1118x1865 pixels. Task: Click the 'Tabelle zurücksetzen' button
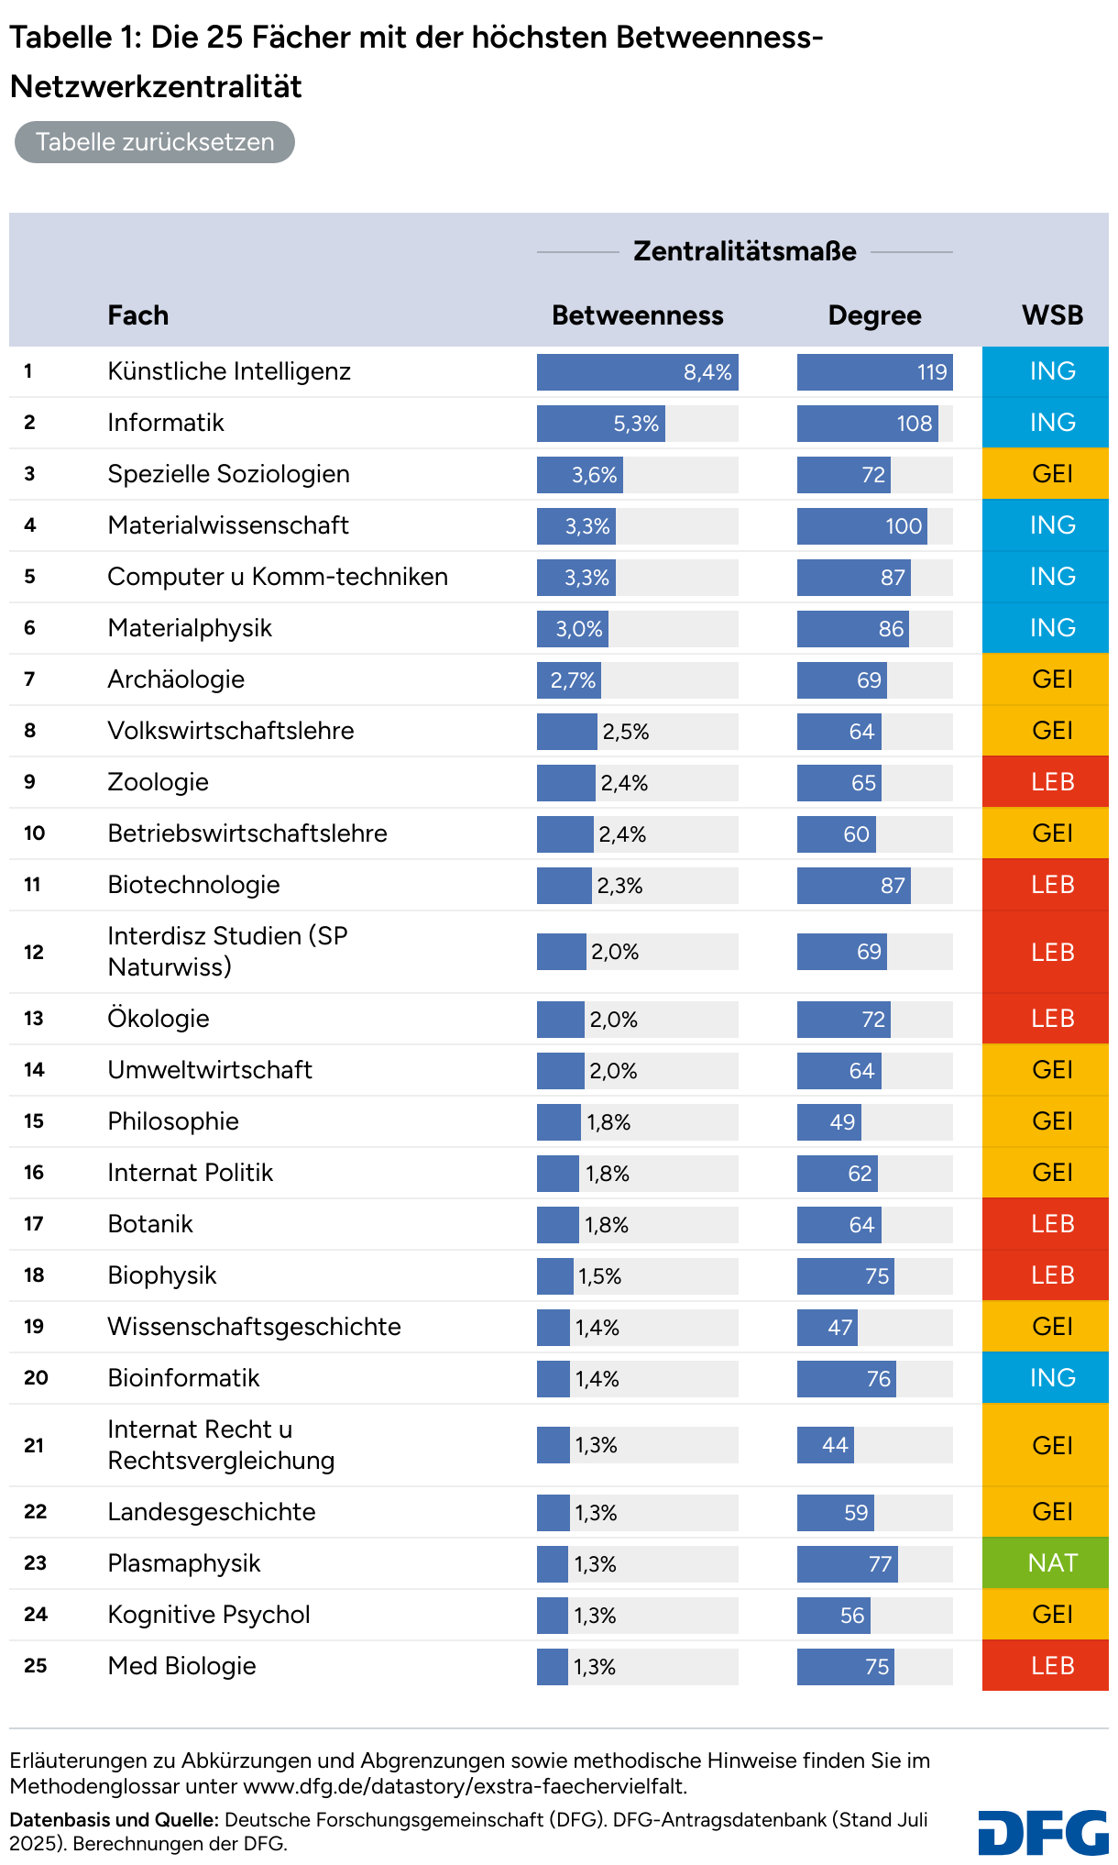pos(154,142)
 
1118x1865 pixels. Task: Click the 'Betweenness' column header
pos(637,315)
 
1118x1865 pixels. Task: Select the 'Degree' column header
pos(874,315)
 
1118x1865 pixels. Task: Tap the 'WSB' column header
pos(1052,315)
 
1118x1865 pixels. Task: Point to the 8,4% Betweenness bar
pos(637,372)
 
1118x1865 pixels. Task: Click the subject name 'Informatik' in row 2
pos(166,423)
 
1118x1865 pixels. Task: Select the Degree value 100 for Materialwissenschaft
pos(903,526)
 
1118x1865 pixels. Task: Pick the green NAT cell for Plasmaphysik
pos(1045,1563)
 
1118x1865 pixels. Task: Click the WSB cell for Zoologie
pos(1045,782)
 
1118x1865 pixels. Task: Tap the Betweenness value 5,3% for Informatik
pos(636,424)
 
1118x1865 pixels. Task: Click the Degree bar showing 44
pos(826,1445)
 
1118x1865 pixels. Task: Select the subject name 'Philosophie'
pos(173,1121)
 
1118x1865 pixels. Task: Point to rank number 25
pos(36,1666)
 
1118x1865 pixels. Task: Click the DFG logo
pos(1043,1833)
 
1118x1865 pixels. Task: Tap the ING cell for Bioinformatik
pos(1045,1378)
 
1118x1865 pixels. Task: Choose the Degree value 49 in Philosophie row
pos(841,1122)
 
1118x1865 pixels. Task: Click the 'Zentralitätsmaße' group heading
pos(744,251)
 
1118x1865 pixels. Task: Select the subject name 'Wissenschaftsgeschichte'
pos(254,1327)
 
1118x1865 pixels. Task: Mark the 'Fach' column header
pos(137,315)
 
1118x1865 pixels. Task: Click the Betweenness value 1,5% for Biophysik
pos(599,1276)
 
